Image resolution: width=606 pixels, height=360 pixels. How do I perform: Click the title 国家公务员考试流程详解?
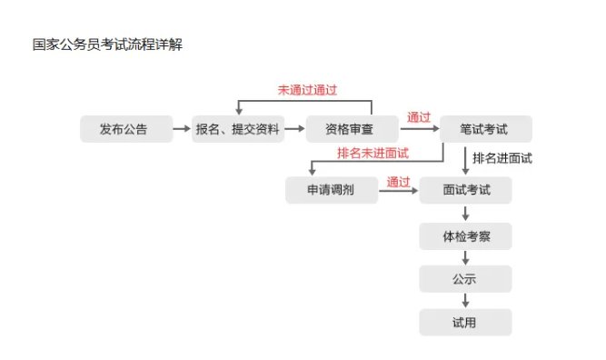point(107,44)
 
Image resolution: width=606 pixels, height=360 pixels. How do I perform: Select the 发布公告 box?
point(124,129)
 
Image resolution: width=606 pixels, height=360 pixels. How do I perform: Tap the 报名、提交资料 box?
point(238,129)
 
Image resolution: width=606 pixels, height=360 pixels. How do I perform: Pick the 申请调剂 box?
point(331,190)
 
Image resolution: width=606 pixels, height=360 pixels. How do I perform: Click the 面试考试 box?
point(466,190)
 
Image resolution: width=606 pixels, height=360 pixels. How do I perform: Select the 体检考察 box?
point(466,237)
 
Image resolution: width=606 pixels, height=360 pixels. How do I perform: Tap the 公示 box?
point(466,279)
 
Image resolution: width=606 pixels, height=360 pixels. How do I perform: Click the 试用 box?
point(466,322)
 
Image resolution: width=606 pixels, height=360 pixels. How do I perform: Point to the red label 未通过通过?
point(307,91)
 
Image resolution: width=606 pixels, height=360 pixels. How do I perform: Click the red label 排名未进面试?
point(373,152)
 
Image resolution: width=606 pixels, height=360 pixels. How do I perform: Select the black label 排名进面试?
point(502,158)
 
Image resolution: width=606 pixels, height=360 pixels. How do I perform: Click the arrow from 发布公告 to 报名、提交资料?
point(182,129)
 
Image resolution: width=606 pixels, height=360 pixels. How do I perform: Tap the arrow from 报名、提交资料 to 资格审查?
point(294,129)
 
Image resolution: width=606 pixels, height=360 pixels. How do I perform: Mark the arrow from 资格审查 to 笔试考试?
point(418,130)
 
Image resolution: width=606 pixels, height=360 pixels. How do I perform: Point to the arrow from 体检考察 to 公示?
point(466,258)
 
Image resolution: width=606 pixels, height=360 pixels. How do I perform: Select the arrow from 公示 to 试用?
point(466,301)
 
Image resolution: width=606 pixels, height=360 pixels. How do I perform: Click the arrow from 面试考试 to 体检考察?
point(466,214)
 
